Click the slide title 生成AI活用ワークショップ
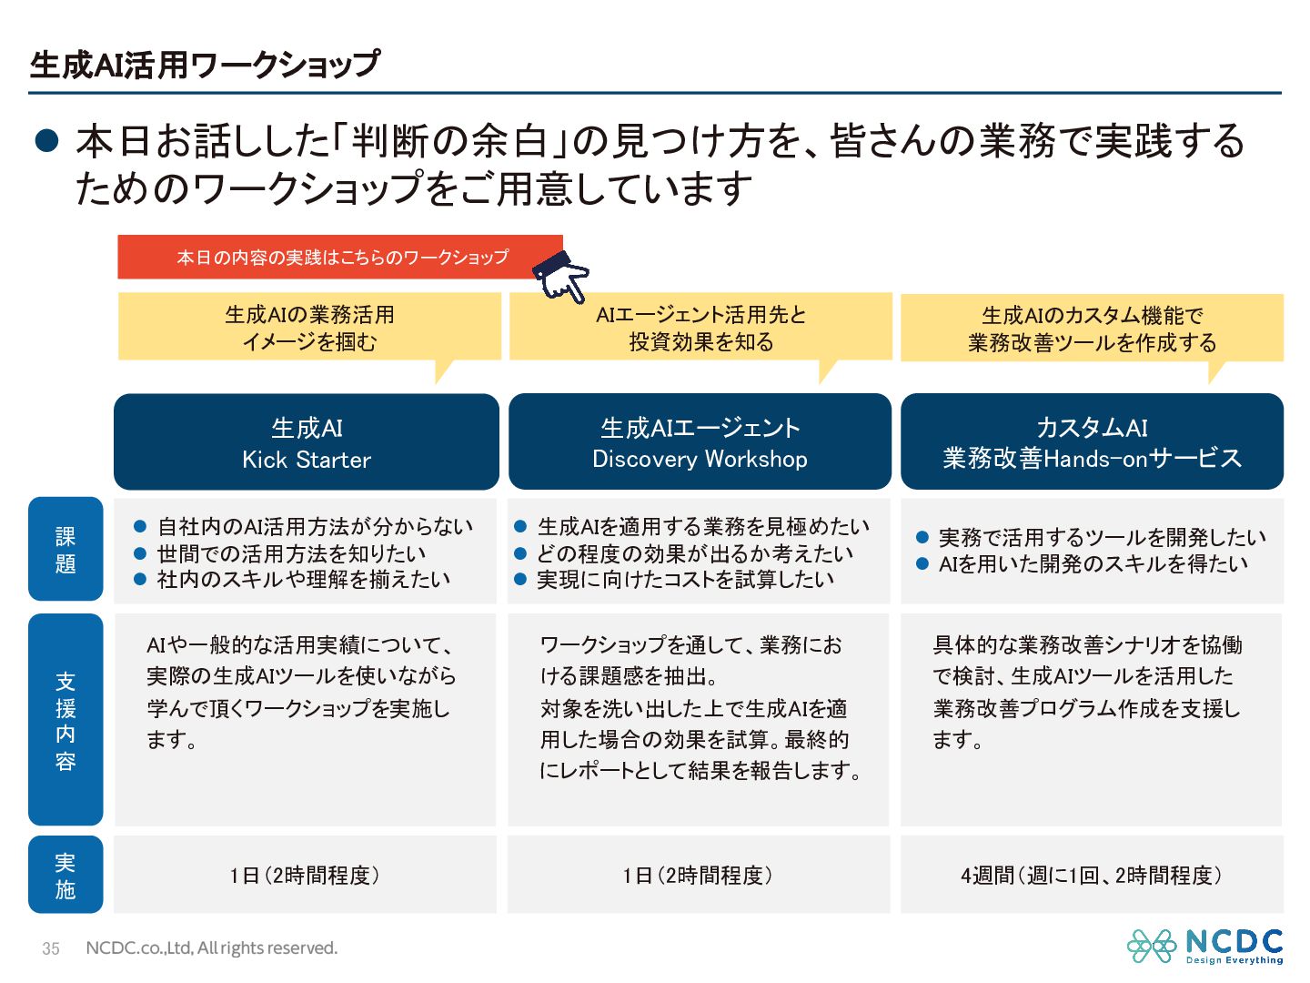click(205, 65)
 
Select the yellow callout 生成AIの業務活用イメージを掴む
click(309, 328)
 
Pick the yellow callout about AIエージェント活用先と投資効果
click(700, 328)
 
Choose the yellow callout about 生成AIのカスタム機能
click(1092, 329)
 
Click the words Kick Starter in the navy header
click(307, 460)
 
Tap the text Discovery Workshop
click(700, 459)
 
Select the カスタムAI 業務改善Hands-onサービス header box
click(1092, 442)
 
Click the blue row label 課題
click(65, 549)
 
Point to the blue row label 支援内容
click(65, 720)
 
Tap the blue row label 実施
click(65, 875)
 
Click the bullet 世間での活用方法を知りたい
click(291, 553)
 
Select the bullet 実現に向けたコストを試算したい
click(685, 579)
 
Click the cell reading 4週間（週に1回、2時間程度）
click(1092, 876)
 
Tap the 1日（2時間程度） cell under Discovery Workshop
click(698, 876)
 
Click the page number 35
click(51, 948)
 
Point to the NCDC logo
click(1204, 947)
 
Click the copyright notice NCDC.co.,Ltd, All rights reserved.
click(211, 948)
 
